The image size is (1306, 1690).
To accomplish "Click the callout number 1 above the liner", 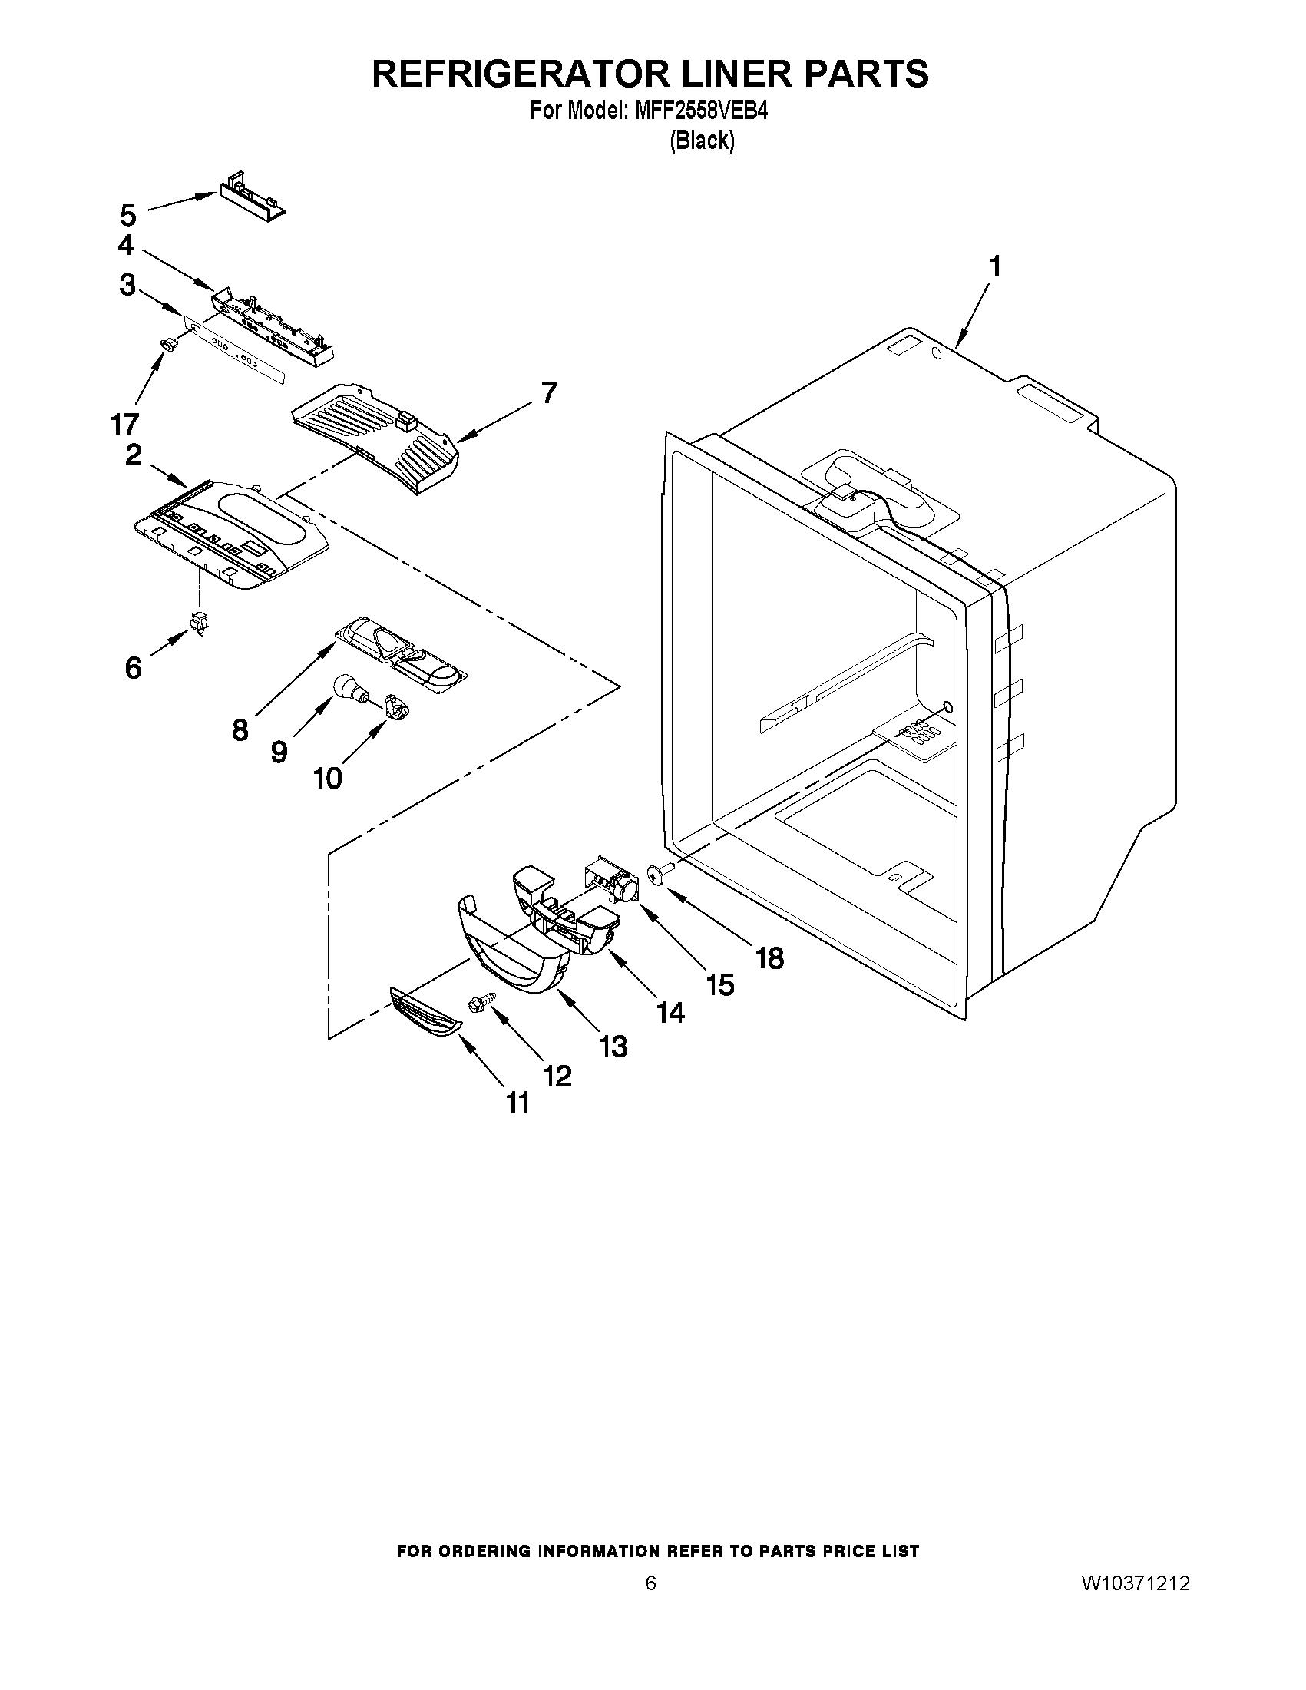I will (x=995, y=267).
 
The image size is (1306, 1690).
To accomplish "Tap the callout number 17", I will (x=124, y=423).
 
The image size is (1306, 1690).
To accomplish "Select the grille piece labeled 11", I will (x=424, y=1017).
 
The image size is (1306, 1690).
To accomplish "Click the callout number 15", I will (x=719, y=984).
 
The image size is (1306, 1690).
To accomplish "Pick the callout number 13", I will (x=613, y=1047).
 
